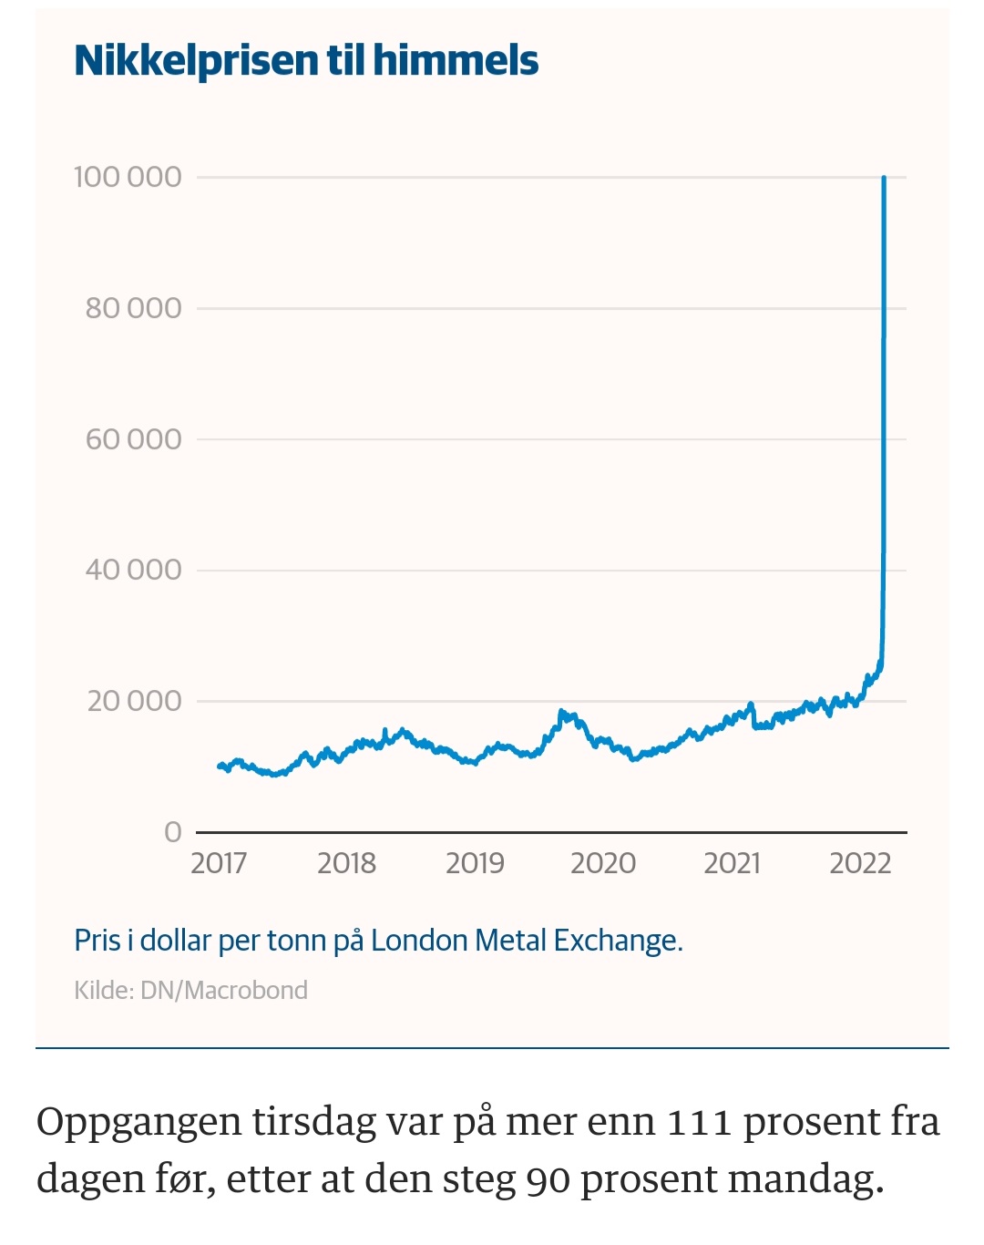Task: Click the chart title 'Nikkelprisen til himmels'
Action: [x=306, y=61]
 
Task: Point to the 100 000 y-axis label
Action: [x=128, y=177]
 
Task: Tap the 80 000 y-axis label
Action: [x=133, y=308]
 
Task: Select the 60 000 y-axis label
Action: [x=133, y=439]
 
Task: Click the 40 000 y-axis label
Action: [x=133, y=570]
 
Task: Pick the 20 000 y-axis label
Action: [x=134, y=701]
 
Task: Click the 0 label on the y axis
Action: [x=173, y=831]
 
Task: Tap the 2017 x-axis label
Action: [x=219, y=862]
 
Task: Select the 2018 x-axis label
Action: [x=346, y=862]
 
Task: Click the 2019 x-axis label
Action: [x=475, y=862]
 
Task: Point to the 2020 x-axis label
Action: [x=603, y=862]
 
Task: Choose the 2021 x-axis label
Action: [x=732, y=862]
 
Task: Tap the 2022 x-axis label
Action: [x=860, y=862]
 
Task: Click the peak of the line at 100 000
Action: [x=884, y=179]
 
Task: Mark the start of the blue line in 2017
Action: [x=220, y=766]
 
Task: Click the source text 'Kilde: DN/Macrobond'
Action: [x=190, y=990]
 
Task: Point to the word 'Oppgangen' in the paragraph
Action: [x=138, y=1122]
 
